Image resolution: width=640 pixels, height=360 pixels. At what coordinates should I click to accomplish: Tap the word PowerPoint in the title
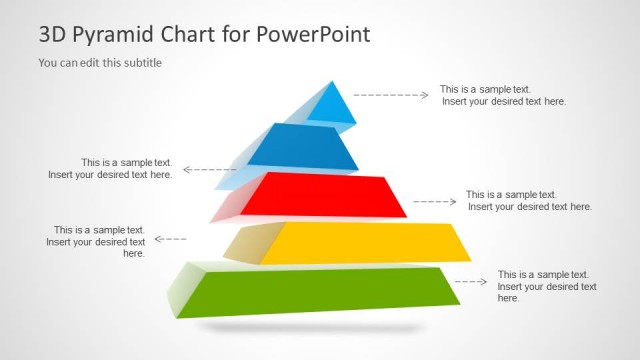313,34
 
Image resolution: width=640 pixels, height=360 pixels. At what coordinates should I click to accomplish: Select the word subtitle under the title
140,62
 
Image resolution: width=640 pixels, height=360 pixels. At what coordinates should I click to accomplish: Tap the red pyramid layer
330,195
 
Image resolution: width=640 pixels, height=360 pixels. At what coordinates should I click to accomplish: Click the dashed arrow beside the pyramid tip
391,95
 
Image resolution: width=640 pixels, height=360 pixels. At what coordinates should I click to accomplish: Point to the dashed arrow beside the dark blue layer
209,169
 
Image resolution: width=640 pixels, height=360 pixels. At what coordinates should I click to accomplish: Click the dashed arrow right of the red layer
434,201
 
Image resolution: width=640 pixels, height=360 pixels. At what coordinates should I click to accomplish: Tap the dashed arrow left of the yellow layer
171,239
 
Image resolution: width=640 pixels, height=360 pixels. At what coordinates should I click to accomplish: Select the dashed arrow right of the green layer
471,281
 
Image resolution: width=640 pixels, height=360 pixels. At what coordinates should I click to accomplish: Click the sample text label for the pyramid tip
503,95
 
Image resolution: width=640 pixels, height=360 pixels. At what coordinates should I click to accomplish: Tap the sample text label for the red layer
529,201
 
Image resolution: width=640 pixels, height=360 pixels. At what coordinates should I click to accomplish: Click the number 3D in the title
52,35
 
